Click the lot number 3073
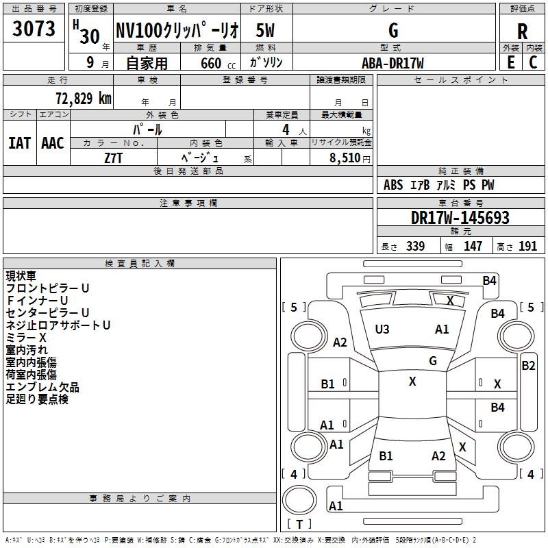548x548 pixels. (34, 29)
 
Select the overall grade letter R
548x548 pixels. (522, 31)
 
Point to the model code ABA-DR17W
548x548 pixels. (393, 62)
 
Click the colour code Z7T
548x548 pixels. (114, 157)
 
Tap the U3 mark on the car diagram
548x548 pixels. (382, 329)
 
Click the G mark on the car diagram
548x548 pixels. (433, 360)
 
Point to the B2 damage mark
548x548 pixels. (528, 366)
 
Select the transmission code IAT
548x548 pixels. (19, 143)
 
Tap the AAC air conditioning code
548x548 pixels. (53, 143)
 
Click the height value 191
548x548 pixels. (528, 246)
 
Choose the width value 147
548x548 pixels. (473, 246)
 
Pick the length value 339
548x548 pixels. (415, 246)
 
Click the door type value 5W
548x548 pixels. (266, 31)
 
